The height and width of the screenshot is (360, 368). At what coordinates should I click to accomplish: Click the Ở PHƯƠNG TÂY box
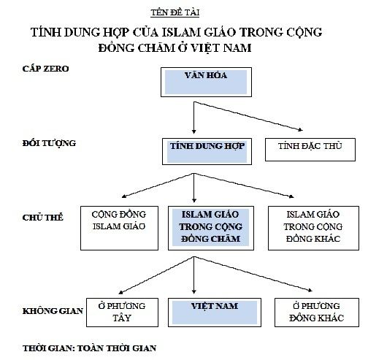[x=118, y=310]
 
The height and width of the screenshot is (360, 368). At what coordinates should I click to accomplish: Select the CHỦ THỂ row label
[x=41, y=217]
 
